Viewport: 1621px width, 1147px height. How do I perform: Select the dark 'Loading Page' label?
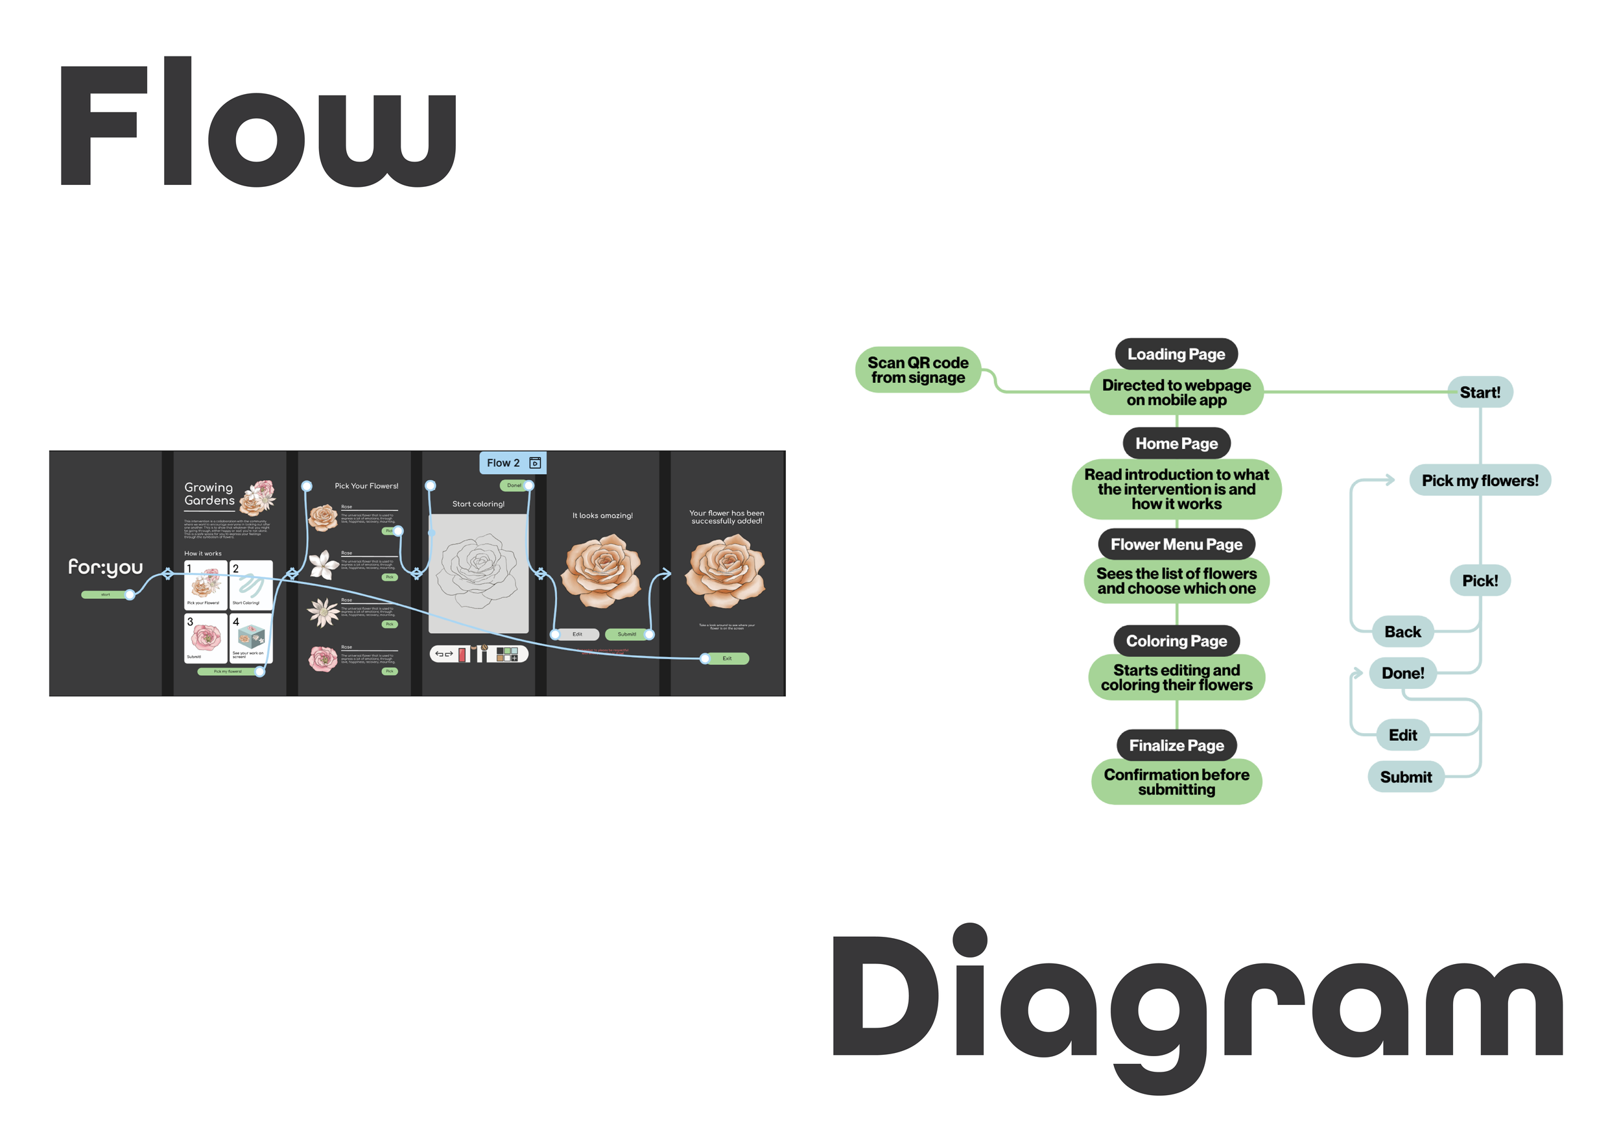[x=1176, y=354]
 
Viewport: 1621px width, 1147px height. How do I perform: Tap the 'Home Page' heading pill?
[x=1176, y=444]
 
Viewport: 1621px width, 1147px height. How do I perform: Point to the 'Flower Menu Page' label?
[x=1176, y=544]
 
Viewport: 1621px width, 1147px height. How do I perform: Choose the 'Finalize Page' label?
[x=1176, y=745]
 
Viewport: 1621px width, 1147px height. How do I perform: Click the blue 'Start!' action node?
[x=1479, y=392]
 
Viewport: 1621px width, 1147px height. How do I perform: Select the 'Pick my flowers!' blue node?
[x=1479, y=480]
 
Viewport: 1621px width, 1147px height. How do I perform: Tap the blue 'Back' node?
[x=1402, y=631]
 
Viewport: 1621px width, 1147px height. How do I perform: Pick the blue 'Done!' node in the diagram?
[x=1402, y=673]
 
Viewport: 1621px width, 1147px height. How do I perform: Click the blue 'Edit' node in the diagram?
[x=1402, y=735]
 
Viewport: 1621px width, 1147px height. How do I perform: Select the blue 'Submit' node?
[x=1405, y=777]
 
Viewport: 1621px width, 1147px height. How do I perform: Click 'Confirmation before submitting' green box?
[x=1176, y=782]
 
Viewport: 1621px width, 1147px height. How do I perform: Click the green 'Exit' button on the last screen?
[x=726, y=658]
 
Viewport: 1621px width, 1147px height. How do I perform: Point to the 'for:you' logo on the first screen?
[x=105, y=566]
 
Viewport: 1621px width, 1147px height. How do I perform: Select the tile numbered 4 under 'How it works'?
[x=251, y=638]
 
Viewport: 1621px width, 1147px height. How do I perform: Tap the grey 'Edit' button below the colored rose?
[x=577, y=634]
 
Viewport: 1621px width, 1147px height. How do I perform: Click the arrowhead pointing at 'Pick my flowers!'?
[x=1390, y=480]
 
